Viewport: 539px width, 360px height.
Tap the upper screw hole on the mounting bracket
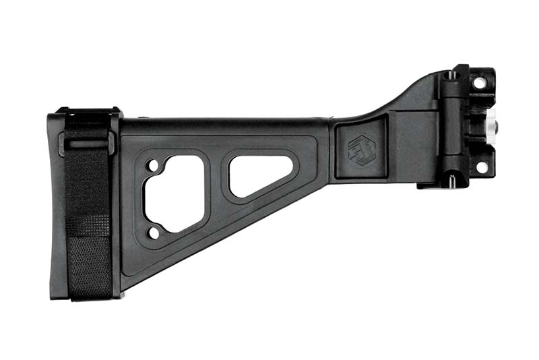(479, 83)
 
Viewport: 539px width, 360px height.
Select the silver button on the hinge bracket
(491, 125)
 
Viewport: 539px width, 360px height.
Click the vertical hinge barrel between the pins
(452, 128)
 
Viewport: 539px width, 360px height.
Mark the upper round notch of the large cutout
(152, 164)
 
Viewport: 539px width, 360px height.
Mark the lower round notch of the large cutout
(153, 233)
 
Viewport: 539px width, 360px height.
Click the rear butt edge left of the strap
(56, 202)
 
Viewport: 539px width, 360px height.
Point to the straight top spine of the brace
(222, 125)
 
